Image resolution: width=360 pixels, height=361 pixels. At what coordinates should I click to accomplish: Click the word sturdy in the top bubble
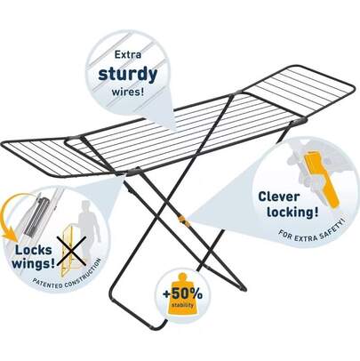pos(127,74)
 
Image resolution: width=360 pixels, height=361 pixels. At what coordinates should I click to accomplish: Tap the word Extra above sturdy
pos(128,55)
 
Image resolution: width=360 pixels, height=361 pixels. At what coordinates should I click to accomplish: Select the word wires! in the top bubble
pos(127,92)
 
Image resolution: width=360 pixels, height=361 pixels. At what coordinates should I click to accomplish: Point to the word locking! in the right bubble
pos(292,213)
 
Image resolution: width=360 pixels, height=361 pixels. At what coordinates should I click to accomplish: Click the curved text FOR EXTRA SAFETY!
pos(312,229)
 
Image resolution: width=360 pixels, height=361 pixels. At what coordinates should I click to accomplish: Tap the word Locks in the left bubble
pos(34,250)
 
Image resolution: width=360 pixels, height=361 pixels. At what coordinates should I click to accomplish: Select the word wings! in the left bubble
pos(34,263)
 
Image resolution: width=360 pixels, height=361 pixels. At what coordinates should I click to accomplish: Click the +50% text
pos(182,294)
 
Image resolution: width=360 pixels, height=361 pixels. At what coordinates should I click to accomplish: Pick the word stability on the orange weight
pos(182,305)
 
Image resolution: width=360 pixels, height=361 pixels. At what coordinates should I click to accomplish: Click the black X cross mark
pos(72,251)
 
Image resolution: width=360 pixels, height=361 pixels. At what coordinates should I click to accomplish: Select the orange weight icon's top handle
pos(182,277)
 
